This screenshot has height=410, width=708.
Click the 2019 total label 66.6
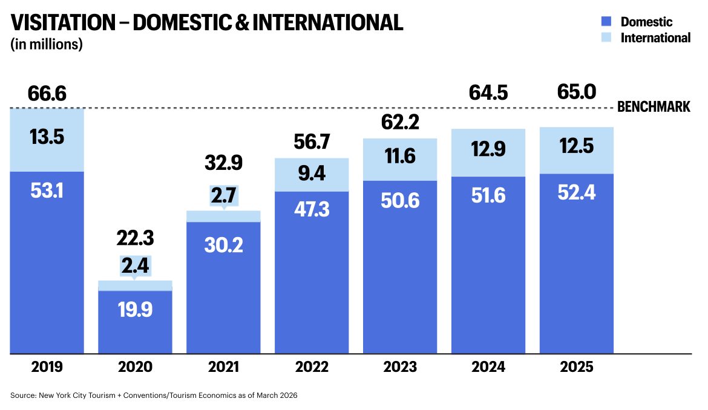[x=47, y=94]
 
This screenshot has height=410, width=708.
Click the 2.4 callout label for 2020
[x=135, y=265]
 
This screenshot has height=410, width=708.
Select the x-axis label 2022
[x=312, y=367]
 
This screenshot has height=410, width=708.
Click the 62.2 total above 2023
[x=400, y=123]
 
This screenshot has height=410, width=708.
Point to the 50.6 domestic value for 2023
[x=400, y=201]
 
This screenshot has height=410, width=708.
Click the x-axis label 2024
[x=488, y=367]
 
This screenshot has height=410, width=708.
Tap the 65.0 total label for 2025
[x=577, y=93]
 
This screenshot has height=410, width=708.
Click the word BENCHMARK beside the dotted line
[x=654, y=108]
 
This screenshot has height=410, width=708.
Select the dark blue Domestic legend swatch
[x=607, y=21]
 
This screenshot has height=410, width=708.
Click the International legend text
[x=655, y=37]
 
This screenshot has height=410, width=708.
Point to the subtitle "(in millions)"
[x=47, y=44]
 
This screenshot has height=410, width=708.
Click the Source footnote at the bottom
[x=154, y=395]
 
